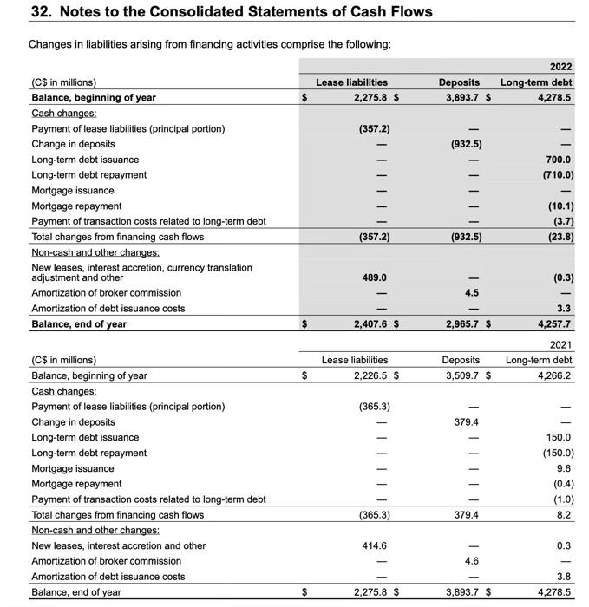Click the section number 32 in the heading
coord(40,12)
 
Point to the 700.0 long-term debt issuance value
coord(559,160)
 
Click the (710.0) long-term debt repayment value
coord(555,174)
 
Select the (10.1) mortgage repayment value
coord(558,206)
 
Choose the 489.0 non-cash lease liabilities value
coord(374,277)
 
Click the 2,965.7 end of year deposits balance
coord(461,324)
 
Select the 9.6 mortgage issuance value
coord(563,468)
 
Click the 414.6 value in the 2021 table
coord(374,546)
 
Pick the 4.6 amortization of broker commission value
coord(473,561)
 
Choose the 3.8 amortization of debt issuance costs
coord(563,577)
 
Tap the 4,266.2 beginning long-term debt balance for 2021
coord(553,375)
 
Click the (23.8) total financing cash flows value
coord(558,237)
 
